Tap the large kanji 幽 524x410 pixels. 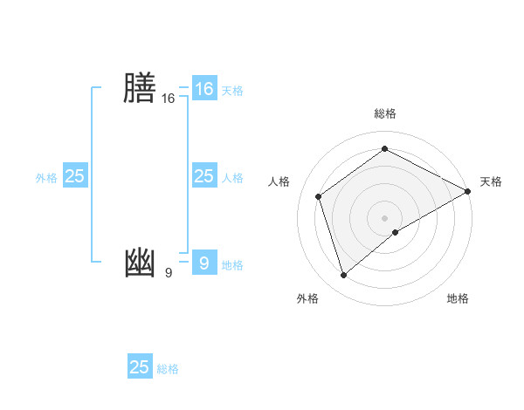click(x=140, y=263)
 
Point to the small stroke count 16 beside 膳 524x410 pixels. click(x=168, y=99)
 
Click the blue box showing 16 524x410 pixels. click(x=203, y=89)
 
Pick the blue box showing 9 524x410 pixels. click(x=203, y=263)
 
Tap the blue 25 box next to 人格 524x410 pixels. click(x=203, y=176)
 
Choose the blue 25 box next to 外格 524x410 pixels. click(x=75, y=176)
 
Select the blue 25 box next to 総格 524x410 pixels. click(x=140, y=367)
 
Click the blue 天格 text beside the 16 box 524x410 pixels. click(x=232, y=90)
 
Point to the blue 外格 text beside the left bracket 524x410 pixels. click(x=46, y=178)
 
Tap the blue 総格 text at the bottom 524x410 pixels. click(x=168, y=369)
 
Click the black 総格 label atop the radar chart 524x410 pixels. click(x=385, y=113)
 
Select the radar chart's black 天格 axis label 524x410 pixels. click(x=491, y=181)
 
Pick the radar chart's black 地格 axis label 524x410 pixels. click(x=458, y=298)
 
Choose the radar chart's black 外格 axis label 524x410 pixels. click(x=307, y=298)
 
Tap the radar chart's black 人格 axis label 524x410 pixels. click(x=279, y=181)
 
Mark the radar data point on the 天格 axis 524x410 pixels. click(x=468, y=191)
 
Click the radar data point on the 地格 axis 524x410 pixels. click(x=396, y=232)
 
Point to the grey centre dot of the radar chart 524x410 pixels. click(x=385, y=217)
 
